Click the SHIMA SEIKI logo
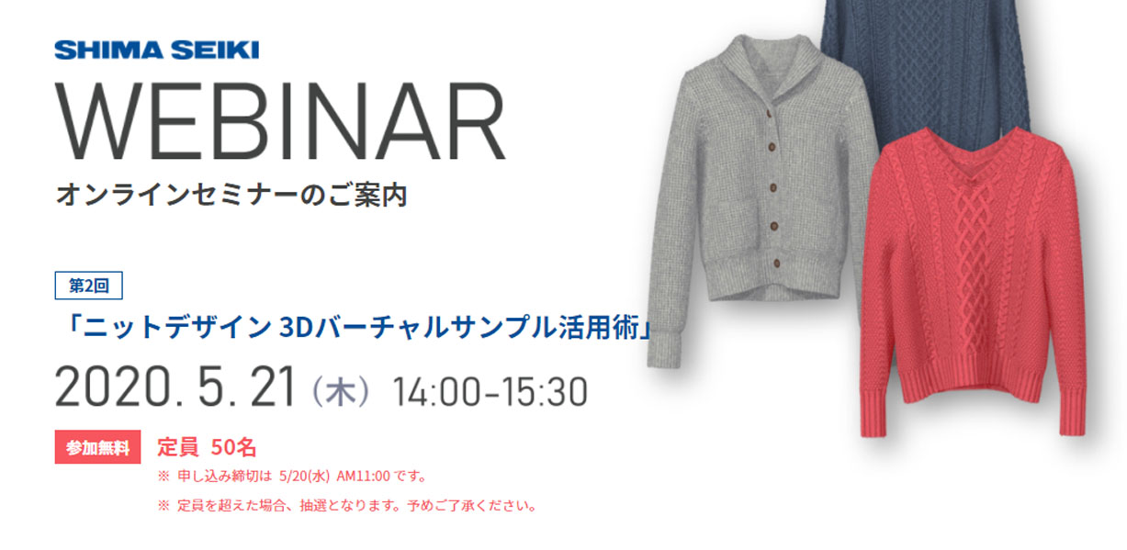pos(156,51)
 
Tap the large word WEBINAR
pos(280,121)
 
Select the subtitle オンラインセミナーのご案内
pos(231,195)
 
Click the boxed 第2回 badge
pos(88,286)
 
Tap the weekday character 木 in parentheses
pos(340,392)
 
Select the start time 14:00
pos(436,392)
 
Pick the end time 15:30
pos(544,392)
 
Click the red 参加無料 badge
pos(97,447)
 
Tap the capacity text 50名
pos(233,447)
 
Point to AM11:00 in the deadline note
pos(363,477)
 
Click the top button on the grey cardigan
pos(769,114)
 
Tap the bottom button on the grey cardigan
pos(777,263)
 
